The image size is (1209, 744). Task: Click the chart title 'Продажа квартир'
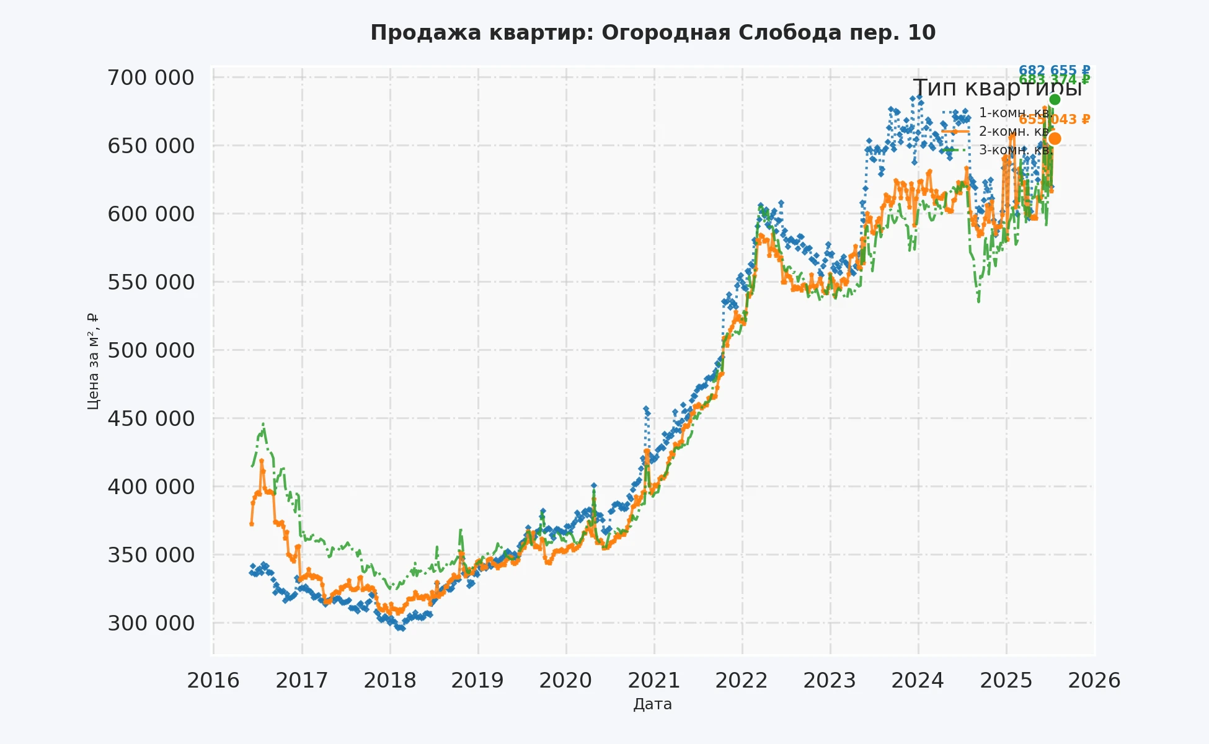(653, 33)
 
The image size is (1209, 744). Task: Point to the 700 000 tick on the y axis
(151, 78)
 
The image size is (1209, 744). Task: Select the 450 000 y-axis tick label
(151, 418)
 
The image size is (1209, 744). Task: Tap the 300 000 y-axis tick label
(151, 623)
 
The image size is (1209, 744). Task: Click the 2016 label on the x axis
(213, 681)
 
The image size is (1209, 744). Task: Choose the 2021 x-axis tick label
(654, 681)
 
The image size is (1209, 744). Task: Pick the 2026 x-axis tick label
(1094, 681)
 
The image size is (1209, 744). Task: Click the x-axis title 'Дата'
(652, 704)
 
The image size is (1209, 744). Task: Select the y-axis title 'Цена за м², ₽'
(93, 361)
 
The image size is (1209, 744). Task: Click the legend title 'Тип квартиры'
(998, 88)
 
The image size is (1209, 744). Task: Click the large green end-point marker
(1055, 100)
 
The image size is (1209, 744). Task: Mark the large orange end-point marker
(1055, 138)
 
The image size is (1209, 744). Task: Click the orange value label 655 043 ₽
(1055, 120)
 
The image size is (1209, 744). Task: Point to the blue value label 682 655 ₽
(1054, 70)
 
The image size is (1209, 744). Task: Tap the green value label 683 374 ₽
(1055, 80)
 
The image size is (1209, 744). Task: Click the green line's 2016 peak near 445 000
(263, 425)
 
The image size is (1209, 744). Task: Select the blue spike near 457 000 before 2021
(645, 409)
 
